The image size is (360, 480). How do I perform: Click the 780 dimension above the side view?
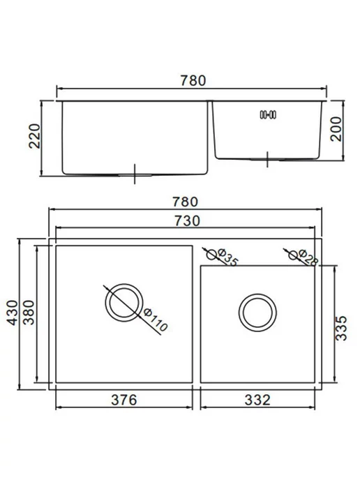(193, 80)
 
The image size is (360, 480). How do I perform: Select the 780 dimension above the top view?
(185, 202)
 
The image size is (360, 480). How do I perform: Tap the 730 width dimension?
(187, 220)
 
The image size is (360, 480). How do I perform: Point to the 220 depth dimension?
(34, 136)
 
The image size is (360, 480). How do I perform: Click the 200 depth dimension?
(336, 129)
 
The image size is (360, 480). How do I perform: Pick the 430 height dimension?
(13, 313)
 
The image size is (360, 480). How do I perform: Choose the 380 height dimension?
(29, 313)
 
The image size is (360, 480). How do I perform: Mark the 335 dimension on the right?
(341, 328)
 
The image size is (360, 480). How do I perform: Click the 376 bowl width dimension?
(124, 400)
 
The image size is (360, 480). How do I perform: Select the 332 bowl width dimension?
(257, 400)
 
